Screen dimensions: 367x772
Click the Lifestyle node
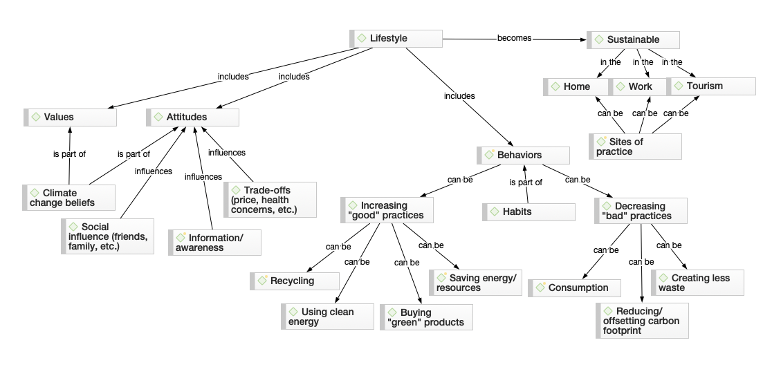tap(396, 39)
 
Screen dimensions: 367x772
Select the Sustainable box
tap(633, 39)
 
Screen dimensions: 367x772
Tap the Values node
tap(70, 117)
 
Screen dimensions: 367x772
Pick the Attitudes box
tap(193, 117)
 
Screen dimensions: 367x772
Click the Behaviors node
tap(524, 155)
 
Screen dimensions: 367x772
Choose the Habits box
tap(529, 211)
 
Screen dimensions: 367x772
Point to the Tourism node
tap(711, 86)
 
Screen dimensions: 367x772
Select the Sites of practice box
tap(635, 147)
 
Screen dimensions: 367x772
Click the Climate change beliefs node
tap(69, 198)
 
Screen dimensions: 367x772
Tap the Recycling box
tap(295, 281)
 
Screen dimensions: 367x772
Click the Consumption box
tap(574, 288)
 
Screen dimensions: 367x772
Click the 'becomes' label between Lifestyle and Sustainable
tap(514, 38)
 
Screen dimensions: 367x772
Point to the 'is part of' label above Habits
tap(526, 182)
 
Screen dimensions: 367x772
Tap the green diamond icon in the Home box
tap(555, 86)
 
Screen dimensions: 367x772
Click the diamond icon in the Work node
tap(619, 86)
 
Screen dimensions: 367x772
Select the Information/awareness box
tap(215, 242)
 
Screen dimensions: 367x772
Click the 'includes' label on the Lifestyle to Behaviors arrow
tap(459, 96)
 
